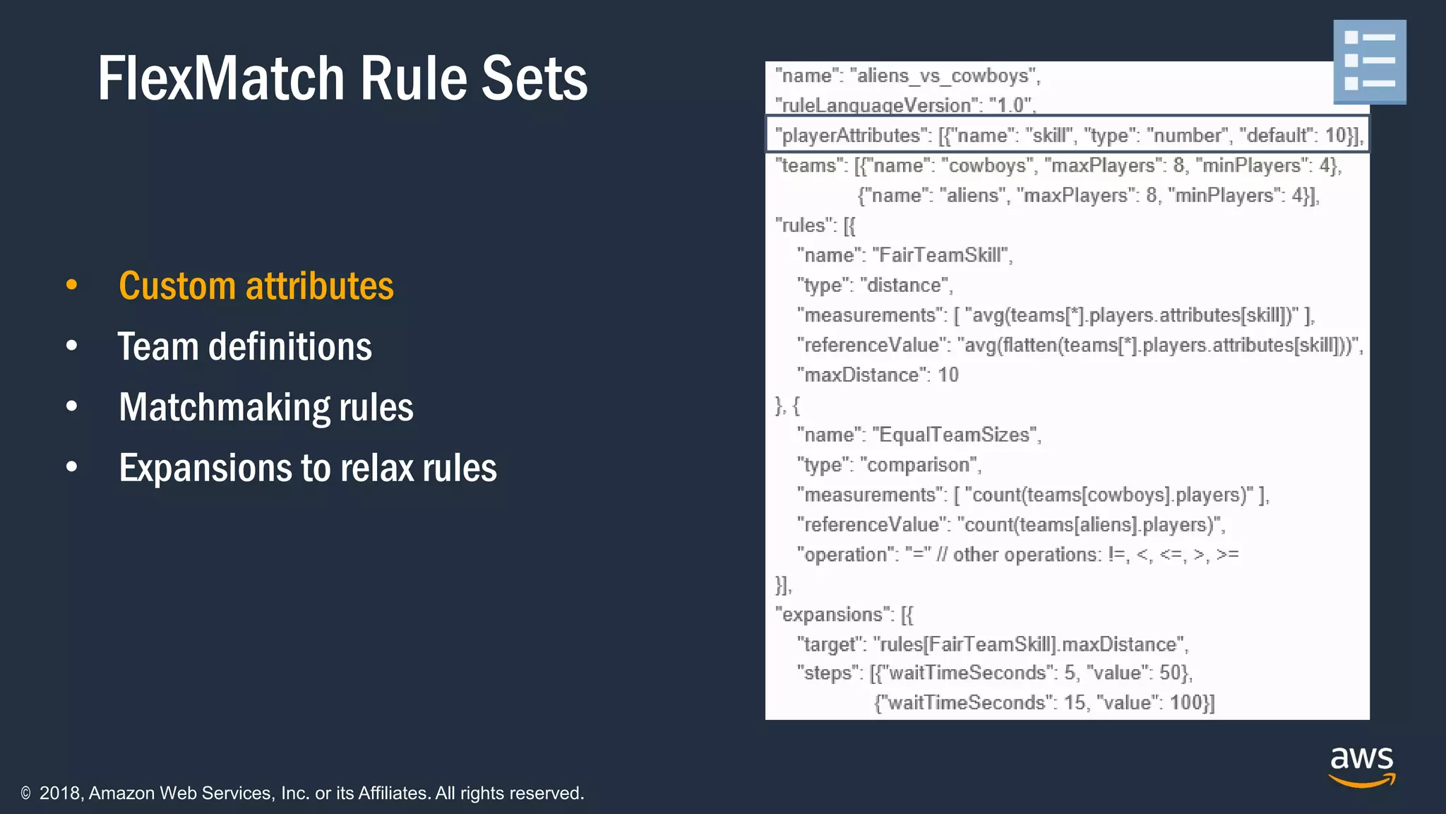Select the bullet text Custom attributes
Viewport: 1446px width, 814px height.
point(256,286)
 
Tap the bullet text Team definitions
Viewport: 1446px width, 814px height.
point(244,347)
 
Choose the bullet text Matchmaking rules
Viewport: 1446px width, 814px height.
point(265,408)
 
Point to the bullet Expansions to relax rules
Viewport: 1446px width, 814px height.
point(308,468)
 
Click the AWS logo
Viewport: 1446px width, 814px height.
point(1361,767)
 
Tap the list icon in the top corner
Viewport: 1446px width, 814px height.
point(1369,61)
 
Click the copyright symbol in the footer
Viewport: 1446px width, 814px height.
point(26,794)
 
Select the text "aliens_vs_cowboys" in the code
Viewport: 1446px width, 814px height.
point(943,76)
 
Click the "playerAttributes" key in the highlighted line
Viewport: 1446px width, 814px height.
point(852,135)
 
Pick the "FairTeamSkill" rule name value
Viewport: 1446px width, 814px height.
point(941,255)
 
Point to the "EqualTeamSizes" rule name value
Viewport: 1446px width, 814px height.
point(955,435)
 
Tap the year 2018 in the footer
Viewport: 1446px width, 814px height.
point(61,794)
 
